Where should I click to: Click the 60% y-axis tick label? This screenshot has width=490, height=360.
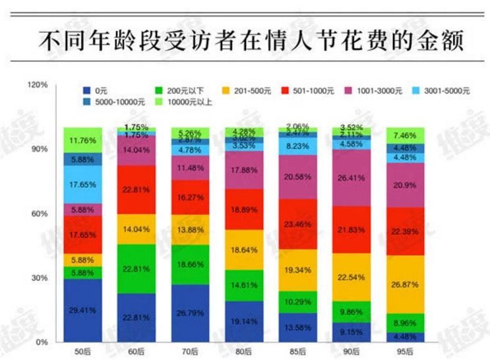point(39,214)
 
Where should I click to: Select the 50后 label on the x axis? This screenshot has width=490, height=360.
point(82,349)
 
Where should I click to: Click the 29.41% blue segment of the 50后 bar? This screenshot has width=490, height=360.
point(82,310)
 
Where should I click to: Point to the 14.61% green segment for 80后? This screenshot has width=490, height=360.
point(245,285)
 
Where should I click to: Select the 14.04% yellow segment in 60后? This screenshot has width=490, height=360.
point(137,229)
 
